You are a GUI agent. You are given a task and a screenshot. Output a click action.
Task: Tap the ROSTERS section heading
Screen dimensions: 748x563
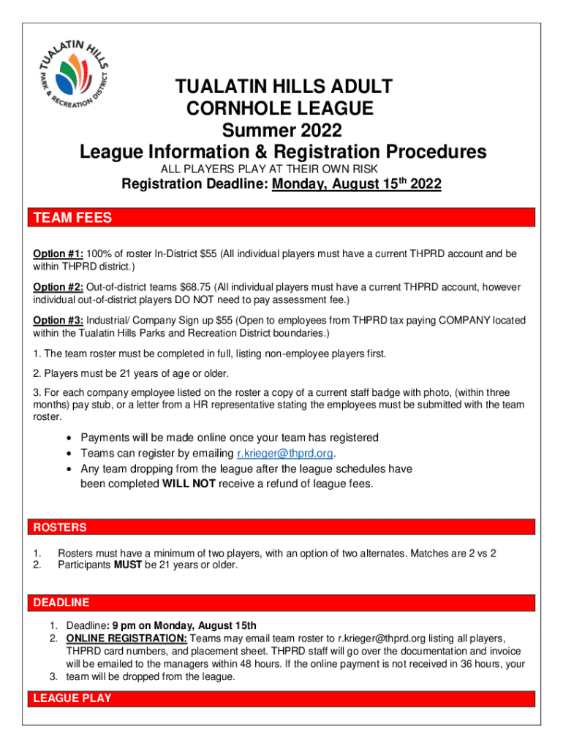tap(58, 527)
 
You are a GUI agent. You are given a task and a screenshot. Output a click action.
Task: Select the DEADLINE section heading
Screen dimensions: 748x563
tap(61, 603)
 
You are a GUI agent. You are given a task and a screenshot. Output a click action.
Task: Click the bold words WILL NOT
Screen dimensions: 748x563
tap(189, 484)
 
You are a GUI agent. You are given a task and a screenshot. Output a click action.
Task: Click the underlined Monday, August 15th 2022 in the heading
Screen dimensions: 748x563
tap(357, 186)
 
